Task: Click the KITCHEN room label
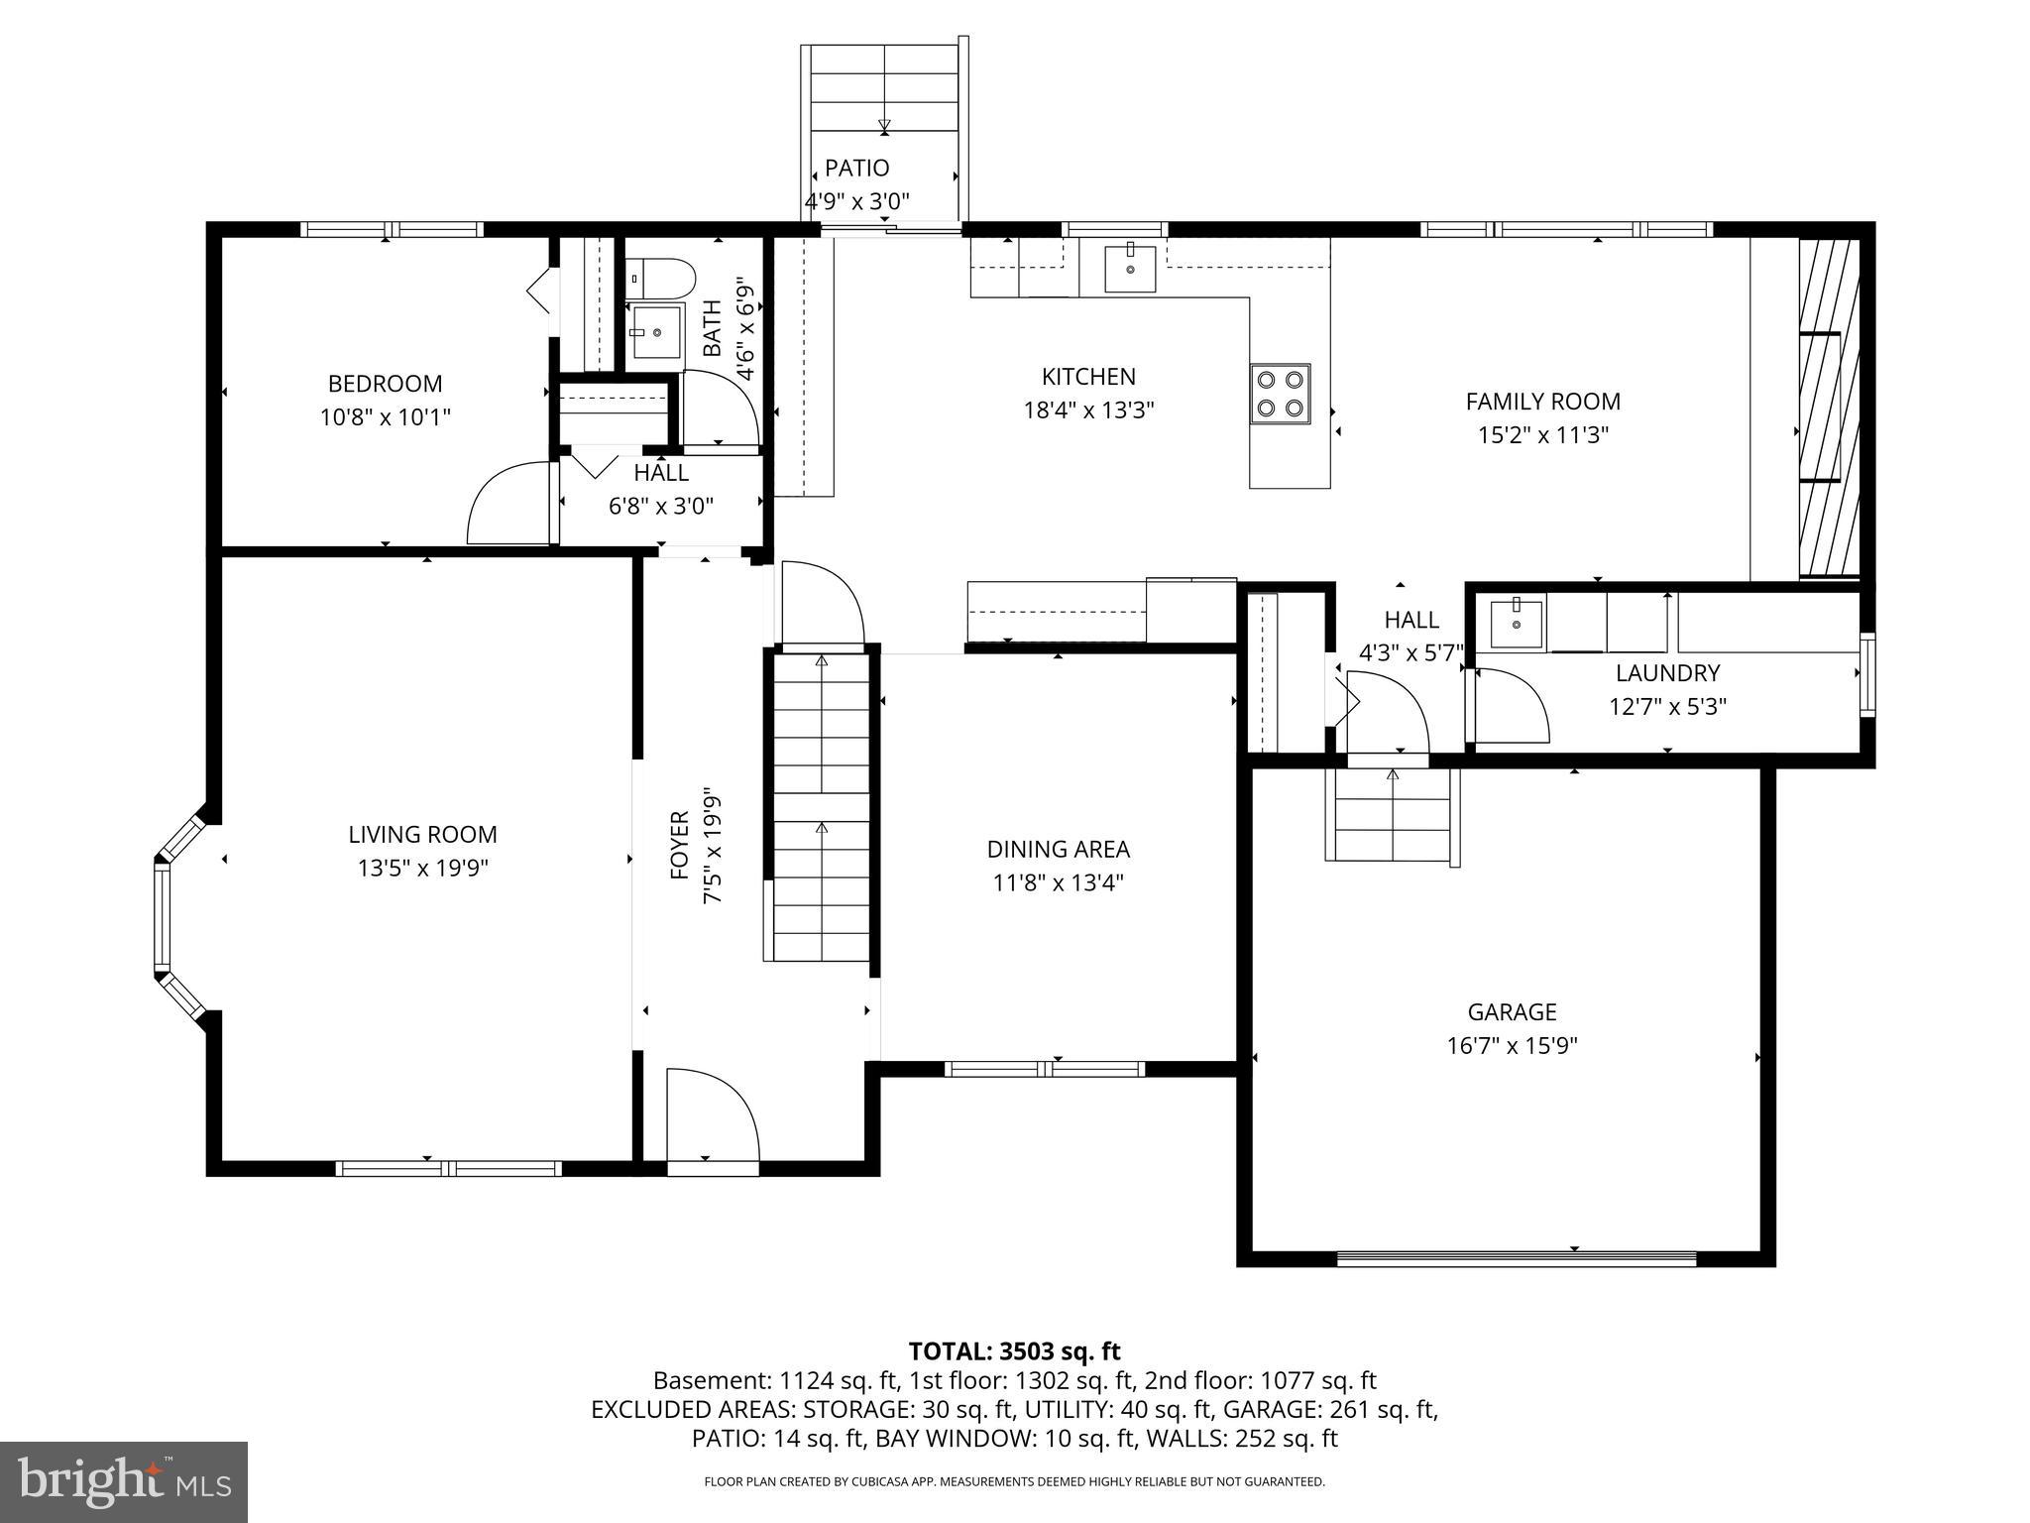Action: (1087, 377)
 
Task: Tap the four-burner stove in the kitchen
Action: (1280, 394)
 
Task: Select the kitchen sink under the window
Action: (1130, 269)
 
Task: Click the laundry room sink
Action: (1516, 624)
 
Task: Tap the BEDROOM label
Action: (385, 384)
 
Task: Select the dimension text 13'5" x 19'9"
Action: (423, 869)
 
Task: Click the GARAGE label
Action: (1512, 1012)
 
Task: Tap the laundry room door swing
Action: (1512, 705)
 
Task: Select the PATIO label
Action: (856, 169)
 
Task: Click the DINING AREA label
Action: (1058, 850)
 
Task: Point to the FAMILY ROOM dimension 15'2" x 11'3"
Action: (1542, 435)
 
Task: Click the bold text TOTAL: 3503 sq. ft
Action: (1014, 1351)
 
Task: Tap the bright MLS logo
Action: (124, 1482)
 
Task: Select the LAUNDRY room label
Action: (1667, 673)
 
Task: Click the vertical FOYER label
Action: (680, 845)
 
